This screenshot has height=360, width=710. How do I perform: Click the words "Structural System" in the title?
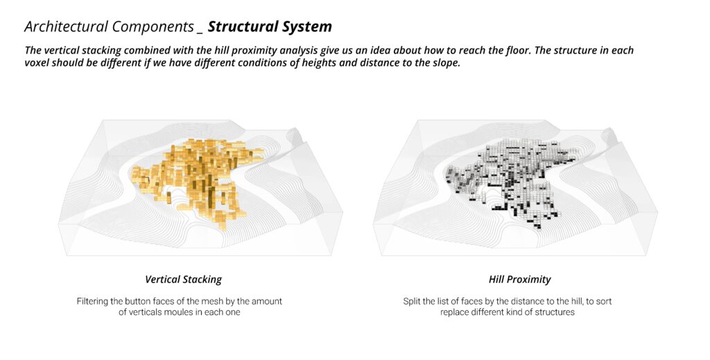270,27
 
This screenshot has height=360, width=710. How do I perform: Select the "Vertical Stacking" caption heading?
183,280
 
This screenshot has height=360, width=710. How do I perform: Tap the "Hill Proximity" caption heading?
520,280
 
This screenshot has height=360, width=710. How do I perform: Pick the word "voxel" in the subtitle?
37,62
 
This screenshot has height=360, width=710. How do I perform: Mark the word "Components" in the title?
153,27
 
